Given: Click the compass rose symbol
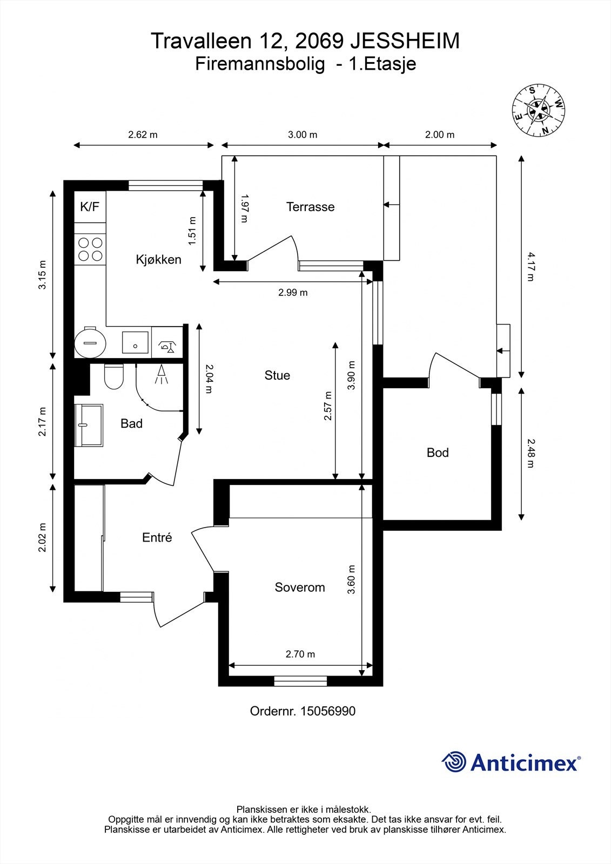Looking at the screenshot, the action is tap(539, 110).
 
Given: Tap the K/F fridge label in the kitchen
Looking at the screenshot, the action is tap(90, 207).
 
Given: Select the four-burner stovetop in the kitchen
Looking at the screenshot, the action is tap(90, 249).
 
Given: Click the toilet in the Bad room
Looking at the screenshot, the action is tap(114, 376).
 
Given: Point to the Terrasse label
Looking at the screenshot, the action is tap(310, 207).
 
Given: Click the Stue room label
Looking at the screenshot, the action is tap(277, 375).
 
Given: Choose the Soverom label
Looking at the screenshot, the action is tap(300, 587).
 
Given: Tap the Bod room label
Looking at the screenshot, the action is tap(438, 453).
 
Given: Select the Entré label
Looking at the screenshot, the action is tap(157, 537).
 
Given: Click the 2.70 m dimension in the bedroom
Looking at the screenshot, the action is tap(300, 654).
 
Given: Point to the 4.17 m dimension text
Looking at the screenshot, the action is tap(531, 267).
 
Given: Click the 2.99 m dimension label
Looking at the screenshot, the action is tap(293, 292).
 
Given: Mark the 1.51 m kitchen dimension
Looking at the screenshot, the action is tap(192, 231).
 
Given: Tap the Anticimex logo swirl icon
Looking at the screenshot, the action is tap(454, 762).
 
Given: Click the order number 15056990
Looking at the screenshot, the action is tap(328, 711).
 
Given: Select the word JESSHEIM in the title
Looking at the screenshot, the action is tap(405, 41).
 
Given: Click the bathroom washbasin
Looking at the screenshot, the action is tap(89, 425).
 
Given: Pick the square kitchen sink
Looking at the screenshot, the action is tap(135, 342).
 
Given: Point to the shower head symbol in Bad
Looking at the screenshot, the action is tap(162, 375).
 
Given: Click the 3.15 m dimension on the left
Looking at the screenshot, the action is tap(42, 275).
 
